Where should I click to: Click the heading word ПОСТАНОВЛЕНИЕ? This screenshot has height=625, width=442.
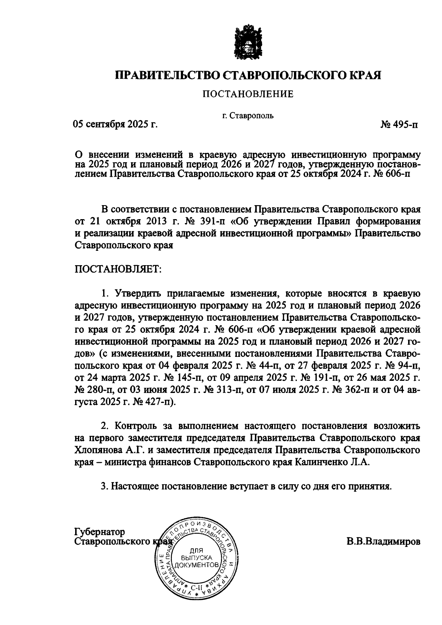click(248, 94)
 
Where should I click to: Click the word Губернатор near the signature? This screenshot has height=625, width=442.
click(100, 532)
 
